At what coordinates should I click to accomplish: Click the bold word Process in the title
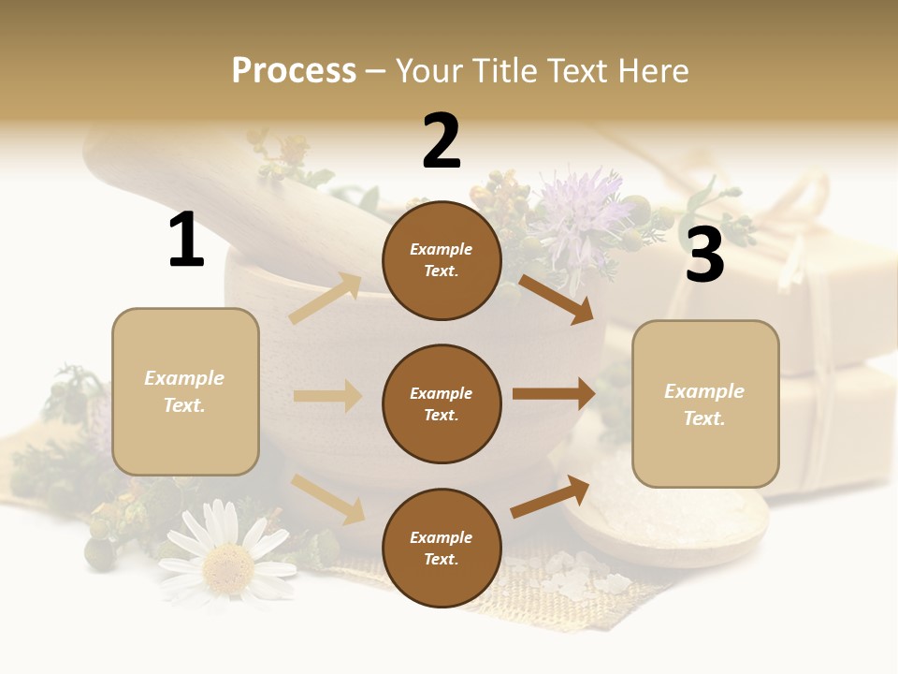pos(294,71)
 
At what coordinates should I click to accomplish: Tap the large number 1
pos(186,240)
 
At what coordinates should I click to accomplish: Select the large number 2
pos(442,141)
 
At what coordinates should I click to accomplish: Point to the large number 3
pos(704,256)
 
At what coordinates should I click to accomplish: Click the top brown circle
pos(442,260)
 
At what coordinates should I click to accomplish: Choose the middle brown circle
pos(442,403)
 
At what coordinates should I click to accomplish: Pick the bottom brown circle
pos(442,548)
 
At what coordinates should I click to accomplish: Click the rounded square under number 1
pos(185,391)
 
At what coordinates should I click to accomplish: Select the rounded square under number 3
pos(705,404)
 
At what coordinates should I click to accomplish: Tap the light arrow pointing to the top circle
pos(326,299)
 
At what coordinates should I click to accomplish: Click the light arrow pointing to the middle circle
pos(327,396)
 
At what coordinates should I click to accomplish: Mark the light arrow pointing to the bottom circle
pos(327,498)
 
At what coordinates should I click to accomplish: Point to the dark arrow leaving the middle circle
pos(554,394)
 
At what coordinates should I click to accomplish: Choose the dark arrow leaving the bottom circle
pos(550,497)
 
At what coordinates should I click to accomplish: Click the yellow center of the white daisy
pos(227,564)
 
